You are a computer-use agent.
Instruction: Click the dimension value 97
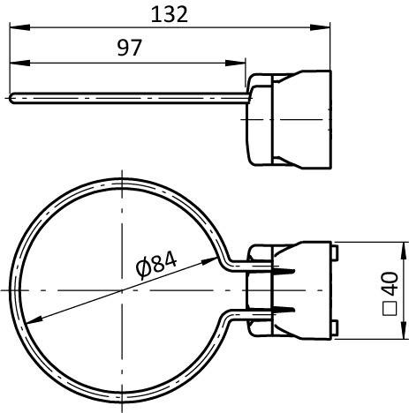tap(129, 49)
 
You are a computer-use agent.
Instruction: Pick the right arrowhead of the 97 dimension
tap(238, 63)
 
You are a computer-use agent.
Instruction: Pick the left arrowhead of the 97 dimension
tap(18, 63)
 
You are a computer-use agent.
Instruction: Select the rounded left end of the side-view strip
tap(12, 98)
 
